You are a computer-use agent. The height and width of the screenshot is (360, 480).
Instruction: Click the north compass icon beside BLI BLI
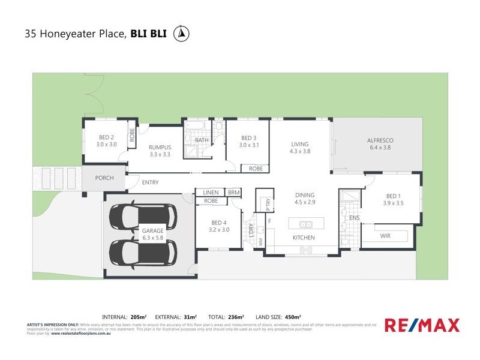(x=179, y=34)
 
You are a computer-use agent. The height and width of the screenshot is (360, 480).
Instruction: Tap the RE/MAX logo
(x=422, y=326)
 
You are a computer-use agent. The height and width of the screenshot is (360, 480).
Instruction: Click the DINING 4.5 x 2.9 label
(x=304, y=199)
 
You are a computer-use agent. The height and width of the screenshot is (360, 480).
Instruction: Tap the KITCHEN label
(x=304, y=238)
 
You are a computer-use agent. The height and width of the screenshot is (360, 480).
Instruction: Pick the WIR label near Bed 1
(x=385, y=236)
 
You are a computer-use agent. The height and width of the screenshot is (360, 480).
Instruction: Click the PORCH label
(x=104, y=178)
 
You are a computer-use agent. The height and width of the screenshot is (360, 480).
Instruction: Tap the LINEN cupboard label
(x=211, y=192)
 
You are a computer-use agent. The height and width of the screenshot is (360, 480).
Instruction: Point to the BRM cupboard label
(x=233, y=192)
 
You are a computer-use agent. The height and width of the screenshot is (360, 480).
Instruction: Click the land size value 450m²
(x=293, y=316)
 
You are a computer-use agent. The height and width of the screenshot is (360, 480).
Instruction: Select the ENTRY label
(x=150, y=182)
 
